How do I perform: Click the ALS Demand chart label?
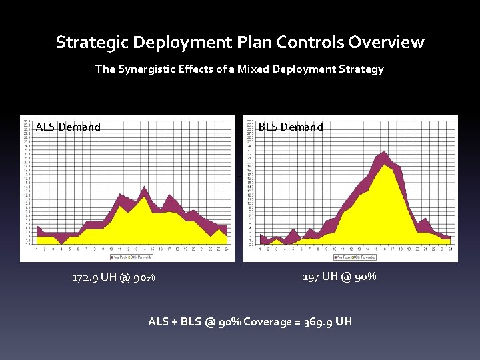point(68,127)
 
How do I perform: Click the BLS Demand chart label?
point(290,127)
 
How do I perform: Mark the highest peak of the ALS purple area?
point(144,187)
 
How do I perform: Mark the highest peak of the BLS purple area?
point(384,153)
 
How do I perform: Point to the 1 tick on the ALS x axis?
point(37,249)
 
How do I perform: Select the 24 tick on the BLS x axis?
point(450,249)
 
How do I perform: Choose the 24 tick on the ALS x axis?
point(227,249)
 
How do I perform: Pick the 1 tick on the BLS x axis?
point(260,249)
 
